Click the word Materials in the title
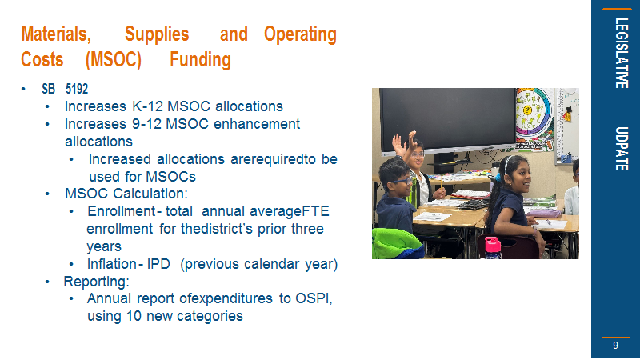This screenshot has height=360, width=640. pos(56,34)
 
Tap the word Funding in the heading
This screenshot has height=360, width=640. pos(201,59)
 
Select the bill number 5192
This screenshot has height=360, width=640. pos(77,89)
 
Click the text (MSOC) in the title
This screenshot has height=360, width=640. pos(114,59)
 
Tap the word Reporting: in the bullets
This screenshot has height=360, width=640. pos(96,282)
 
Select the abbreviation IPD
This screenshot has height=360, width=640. pos(158,264)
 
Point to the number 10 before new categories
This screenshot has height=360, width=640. pos(134,316)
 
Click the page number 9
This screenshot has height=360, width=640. pos(615,346)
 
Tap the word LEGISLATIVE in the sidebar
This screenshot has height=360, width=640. pos(622,53)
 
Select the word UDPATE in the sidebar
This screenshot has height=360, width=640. pos(622,149)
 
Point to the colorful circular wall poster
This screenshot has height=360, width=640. pos(533,115)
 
